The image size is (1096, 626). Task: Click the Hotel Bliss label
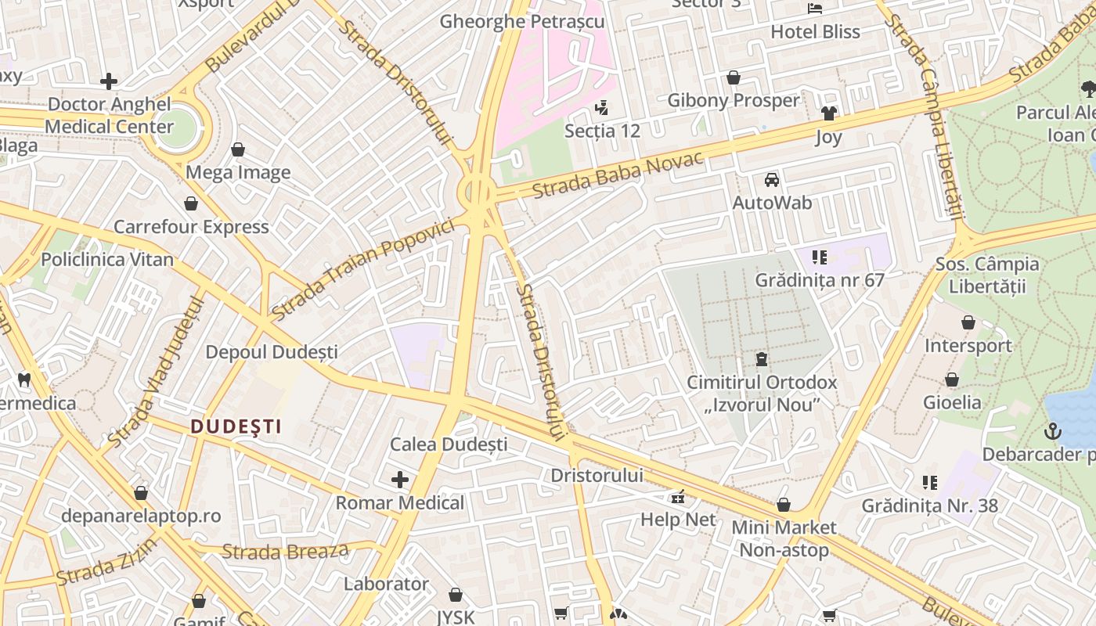(815, 32)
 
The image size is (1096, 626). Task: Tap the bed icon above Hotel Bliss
(815, 9)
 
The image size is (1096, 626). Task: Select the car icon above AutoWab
(772, 180)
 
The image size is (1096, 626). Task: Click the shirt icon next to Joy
(829, 113)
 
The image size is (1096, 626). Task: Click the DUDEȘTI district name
(236, 426)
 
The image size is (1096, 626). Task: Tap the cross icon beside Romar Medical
(400, 479)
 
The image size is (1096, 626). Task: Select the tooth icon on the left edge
(24, 380)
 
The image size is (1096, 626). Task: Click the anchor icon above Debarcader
(1054, 430)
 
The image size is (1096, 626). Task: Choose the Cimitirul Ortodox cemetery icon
(762, 360)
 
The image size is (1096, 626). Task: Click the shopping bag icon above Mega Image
(238, 149)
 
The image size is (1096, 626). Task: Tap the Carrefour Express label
(191, 227)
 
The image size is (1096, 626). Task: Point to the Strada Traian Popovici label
(363, 269)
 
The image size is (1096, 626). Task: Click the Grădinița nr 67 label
(819, 279)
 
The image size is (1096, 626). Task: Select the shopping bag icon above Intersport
(968, 322)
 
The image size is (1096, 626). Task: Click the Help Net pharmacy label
(678, 520)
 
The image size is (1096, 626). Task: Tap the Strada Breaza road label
(285, 552)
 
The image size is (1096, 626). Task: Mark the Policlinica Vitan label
(107, 260)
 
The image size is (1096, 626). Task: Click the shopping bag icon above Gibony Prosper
(734, 77)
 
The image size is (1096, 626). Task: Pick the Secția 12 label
(602, 131)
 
